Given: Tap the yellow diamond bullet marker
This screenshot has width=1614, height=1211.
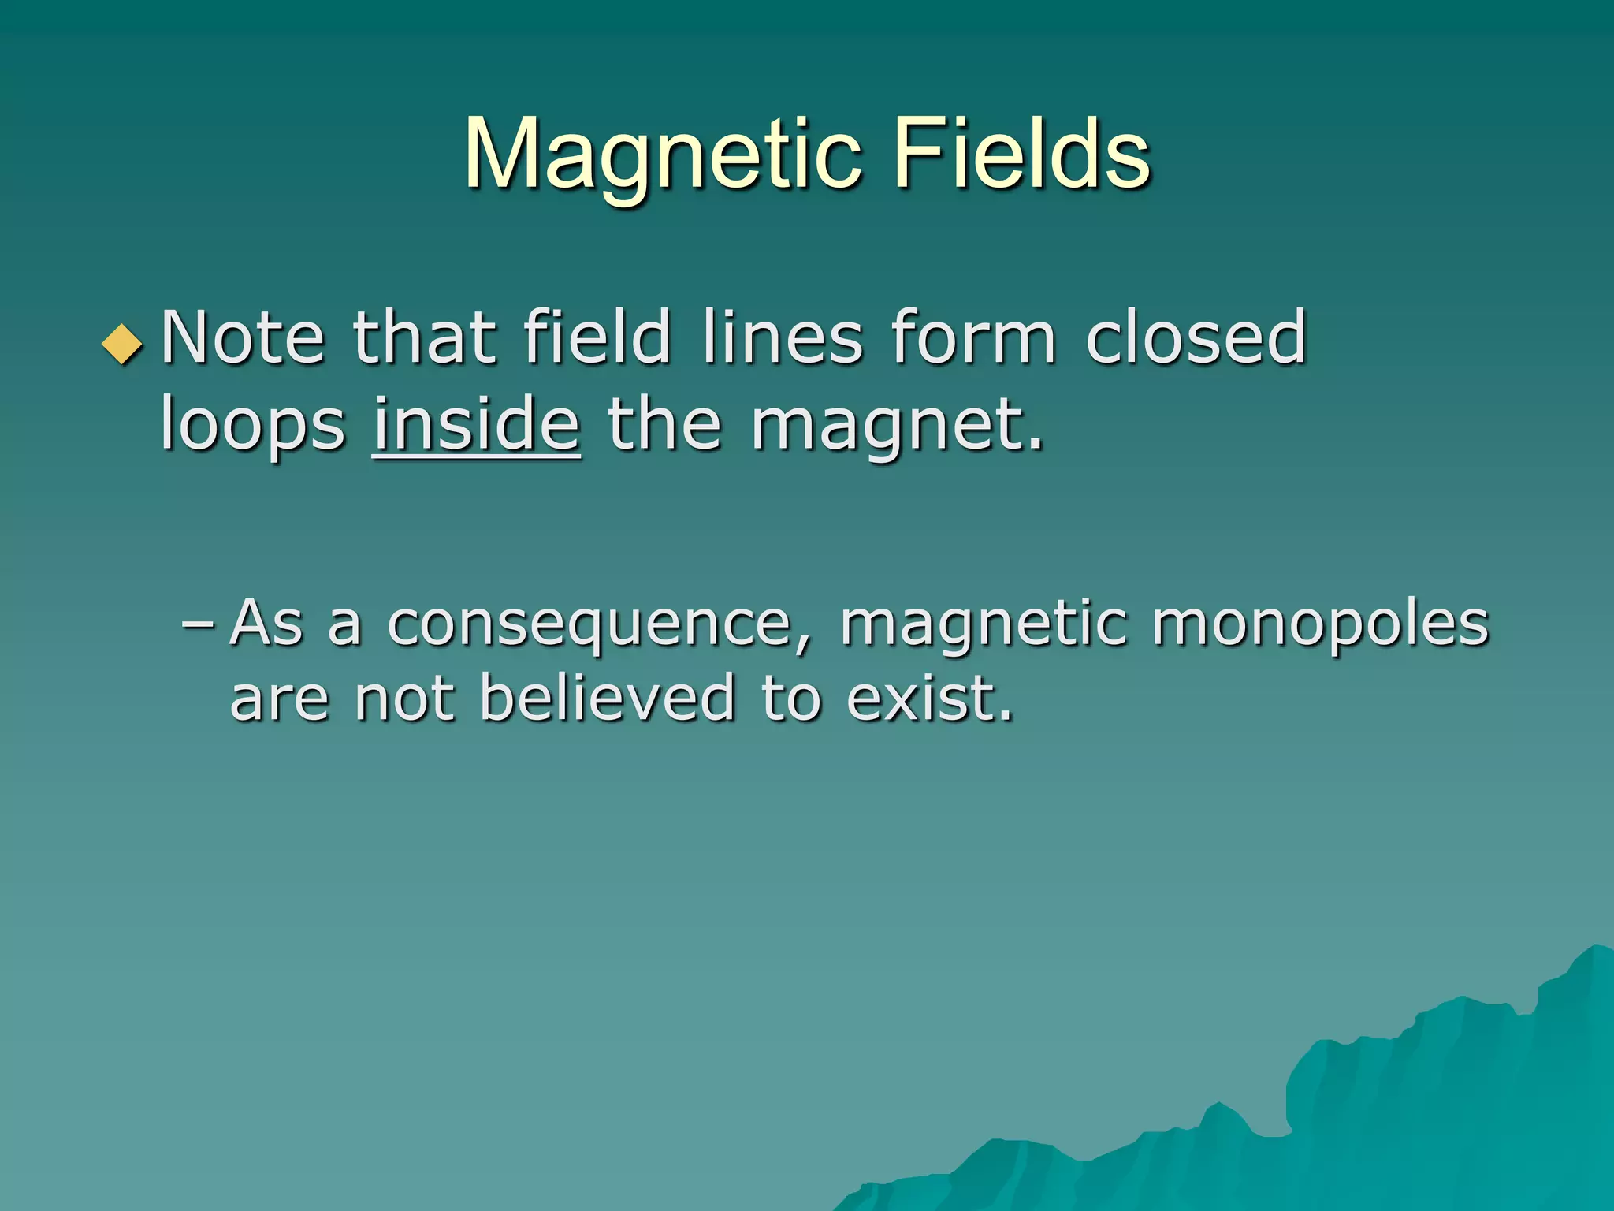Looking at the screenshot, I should (x=123, y=344).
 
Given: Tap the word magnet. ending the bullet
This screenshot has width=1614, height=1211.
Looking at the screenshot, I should (x=897, y=426).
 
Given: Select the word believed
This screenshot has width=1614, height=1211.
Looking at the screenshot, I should (x=607, y=698).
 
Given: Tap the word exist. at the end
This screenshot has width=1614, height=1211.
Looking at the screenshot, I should (x=930, y=698).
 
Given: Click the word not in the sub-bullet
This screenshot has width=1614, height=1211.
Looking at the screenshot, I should (x=404, y=698).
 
